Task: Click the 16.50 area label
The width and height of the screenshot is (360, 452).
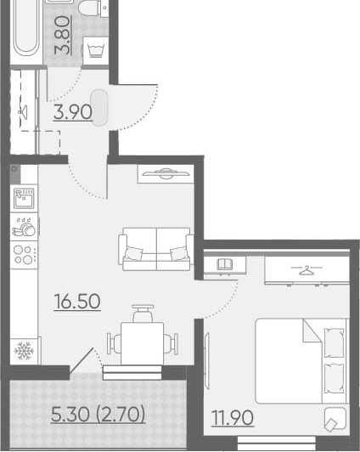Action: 77,302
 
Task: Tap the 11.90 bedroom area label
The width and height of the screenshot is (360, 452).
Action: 233,417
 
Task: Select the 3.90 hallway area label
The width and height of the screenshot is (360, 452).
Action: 73,112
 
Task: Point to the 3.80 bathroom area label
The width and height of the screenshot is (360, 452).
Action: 62,35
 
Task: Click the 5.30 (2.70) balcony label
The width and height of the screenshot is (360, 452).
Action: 98,414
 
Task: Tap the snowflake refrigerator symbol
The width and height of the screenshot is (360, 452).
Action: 24,351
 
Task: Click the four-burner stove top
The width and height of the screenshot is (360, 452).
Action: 24,255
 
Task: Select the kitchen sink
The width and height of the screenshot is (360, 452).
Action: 24,198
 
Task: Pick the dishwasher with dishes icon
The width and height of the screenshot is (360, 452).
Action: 24,227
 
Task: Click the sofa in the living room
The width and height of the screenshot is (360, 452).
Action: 156,249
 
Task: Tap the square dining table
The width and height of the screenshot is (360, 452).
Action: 143,343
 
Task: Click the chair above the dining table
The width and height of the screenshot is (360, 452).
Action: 143,314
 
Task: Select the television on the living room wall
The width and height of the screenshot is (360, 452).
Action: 166,173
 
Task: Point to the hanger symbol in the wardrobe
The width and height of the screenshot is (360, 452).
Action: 307,270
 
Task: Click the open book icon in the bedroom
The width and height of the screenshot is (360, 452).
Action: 225,264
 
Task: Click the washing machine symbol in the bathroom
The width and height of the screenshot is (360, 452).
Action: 96,51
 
